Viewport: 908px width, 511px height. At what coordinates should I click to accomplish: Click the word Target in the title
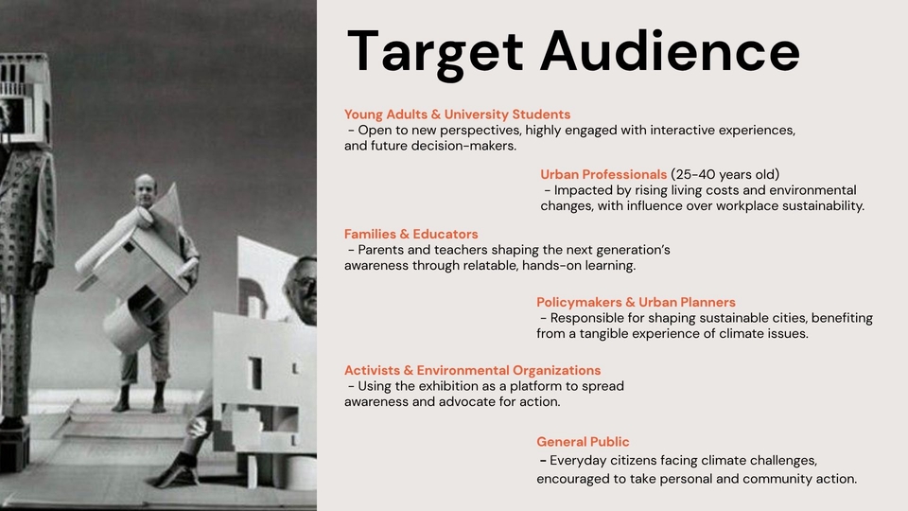(435, 53)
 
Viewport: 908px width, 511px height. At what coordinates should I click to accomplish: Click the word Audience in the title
(670, 51)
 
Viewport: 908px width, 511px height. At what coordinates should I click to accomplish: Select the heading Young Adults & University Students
(457, 115)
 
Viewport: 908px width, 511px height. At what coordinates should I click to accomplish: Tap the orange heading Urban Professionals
(603, 174)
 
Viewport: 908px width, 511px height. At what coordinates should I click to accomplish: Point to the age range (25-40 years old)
(725, 174)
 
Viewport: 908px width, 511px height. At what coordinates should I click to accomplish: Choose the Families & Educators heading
(411, 234)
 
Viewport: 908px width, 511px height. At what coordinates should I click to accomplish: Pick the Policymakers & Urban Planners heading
(636, 303)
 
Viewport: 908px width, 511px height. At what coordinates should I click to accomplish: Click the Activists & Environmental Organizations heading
(473, 371)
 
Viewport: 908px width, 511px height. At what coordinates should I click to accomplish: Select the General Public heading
(583, 442)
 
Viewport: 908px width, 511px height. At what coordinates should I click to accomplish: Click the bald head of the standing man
(145, 190)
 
